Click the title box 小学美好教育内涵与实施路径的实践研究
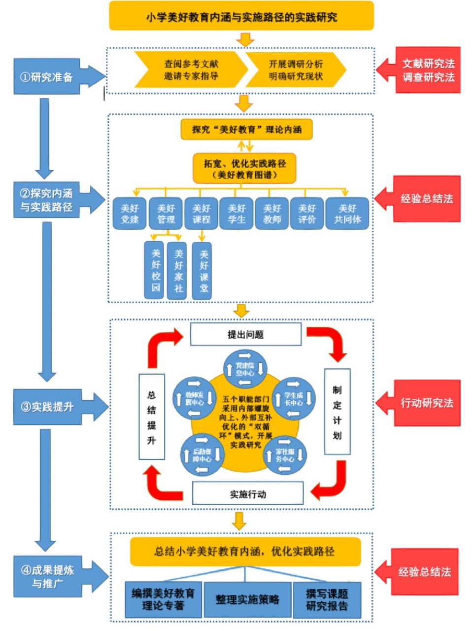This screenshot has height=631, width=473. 241,17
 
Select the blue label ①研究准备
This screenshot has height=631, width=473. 47,77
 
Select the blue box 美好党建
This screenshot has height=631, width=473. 130,214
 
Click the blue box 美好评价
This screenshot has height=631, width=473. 306,214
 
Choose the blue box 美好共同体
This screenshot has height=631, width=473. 347,214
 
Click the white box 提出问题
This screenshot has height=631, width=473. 245,335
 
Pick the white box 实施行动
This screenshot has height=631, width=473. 248,493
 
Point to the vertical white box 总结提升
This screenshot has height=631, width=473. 151,417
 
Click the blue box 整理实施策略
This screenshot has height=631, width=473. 247,599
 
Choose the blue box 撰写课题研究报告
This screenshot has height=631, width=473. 327,599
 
